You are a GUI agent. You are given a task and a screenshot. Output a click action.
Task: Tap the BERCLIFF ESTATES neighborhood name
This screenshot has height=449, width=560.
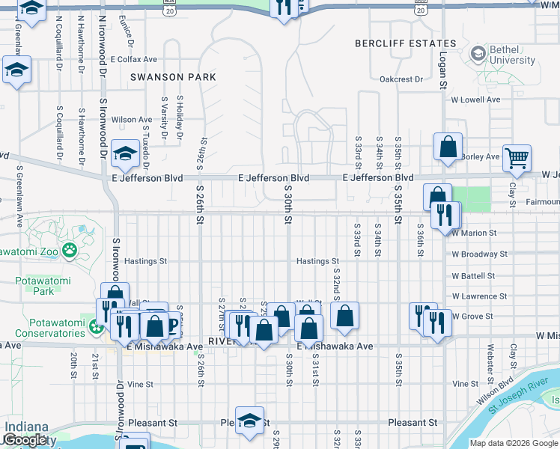coord(405,43)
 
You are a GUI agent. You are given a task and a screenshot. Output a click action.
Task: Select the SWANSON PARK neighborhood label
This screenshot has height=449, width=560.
coord(173,77)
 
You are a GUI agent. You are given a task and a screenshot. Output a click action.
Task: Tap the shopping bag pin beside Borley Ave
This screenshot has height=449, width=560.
coord(448,147)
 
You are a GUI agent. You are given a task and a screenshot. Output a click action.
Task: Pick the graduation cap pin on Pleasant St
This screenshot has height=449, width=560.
coord(250,421)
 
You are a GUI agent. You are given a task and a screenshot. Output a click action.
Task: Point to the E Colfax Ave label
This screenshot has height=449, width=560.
coord(133,59)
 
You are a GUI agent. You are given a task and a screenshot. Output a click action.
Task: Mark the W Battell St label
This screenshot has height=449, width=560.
coord(473,276)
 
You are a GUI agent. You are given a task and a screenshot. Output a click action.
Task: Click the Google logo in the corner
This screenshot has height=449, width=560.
coord(25,440)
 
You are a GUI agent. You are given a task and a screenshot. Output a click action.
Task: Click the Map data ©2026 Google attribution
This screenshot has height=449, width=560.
coord(513,443)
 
